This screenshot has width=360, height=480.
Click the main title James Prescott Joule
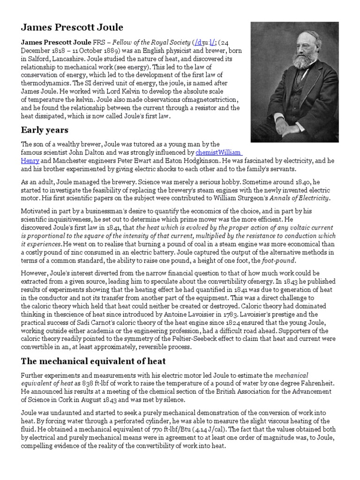pos(73,28)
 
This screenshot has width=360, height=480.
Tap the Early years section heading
pos(45,130)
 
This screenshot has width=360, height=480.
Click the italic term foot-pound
pos(265,260)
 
